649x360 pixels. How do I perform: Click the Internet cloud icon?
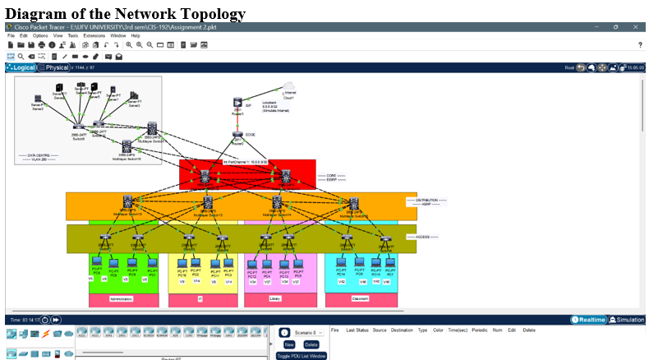[288, 87]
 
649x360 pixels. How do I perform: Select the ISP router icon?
[237, 103]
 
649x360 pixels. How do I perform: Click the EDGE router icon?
[237, 135]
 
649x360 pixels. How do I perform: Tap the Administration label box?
[120, 299]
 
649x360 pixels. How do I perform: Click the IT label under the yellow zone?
[200, 299]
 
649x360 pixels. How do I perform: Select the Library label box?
[275, 299]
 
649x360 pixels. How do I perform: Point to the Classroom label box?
[360, 299]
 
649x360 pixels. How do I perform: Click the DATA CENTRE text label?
[38, 155]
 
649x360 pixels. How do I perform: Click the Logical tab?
[22, 67]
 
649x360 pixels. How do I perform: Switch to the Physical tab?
[56, 67]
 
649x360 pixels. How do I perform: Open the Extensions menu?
[94, 36]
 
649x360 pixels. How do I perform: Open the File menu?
[12, 36]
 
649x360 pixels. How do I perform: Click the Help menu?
[136, 36]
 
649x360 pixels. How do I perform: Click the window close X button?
[637, 27]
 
